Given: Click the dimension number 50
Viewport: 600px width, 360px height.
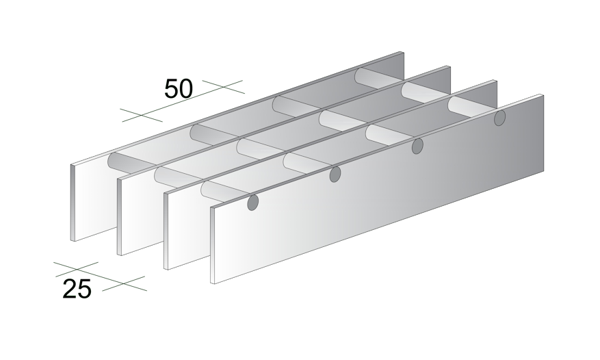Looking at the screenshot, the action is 179,89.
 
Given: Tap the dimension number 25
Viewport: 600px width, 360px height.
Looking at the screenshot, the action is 77,289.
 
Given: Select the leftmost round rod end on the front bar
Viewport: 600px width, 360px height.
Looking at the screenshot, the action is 252,203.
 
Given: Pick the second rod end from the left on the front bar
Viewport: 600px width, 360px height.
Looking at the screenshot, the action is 335,175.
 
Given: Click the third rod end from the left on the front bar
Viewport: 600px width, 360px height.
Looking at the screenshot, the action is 417,146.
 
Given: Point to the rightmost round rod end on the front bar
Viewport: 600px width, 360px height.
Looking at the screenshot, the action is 499,118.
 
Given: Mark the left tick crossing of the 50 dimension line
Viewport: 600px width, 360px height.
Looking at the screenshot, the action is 140,115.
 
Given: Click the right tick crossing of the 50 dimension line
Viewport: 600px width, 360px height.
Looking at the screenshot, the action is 223,87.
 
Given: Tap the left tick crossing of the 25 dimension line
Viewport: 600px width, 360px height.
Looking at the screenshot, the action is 77,269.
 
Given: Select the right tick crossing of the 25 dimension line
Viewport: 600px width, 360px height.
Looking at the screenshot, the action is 124,283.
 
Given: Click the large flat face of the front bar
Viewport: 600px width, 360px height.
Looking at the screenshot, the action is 377,190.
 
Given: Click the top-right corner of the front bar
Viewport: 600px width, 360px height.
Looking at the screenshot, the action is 543,94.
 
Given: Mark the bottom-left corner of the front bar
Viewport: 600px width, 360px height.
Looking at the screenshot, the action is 211,283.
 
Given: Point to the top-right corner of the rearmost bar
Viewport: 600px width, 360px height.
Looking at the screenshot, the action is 404,52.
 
